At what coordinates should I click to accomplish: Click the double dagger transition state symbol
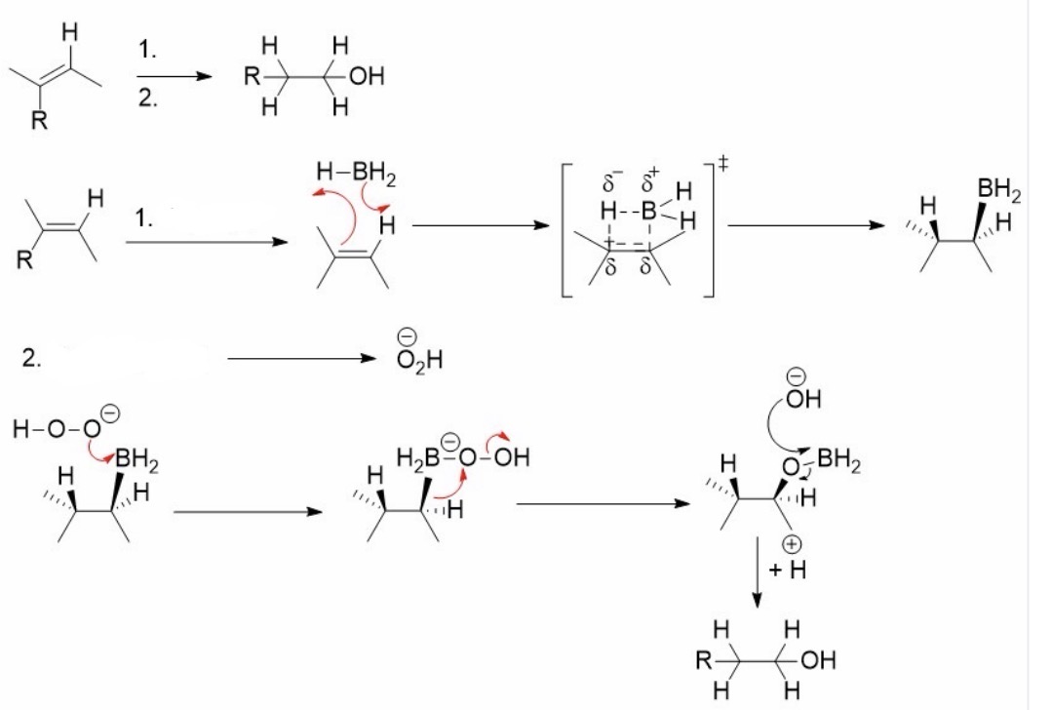pyautogui.click(x=722, y=163)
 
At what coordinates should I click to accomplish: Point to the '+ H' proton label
pyautogui.click(x=788, y=570)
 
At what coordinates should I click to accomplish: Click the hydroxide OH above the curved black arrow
pyautogui.click(x=803, y=399)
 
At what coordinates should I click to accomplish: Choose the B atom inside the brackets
pyautogui.click(x=648, y=211)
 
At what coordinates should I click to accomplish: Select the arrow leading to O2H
pyautogui.click(x=302, y=358)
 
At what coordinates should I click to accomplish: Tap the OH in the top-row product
pyautogui.click(x=367, y=76)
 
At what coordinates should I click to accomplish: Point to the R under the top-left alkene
pyautogui.click(x=40, y=122)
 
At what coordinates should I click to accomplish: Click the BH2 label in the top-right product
pyautogui.click(x=999, y=191)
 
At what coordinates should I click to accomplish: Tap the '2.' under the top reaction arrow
pyautogui.click(x=147, y=99)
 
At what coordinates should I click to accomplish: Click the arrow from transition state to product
pyautogui.click(x=806, y=225)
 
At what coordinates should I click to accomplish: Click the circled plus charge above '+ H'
pyautogui.click(x=792, y=543)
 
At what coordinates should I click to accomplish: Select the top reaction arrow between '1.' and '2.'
pyautogui.click(x=175, y=76)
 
